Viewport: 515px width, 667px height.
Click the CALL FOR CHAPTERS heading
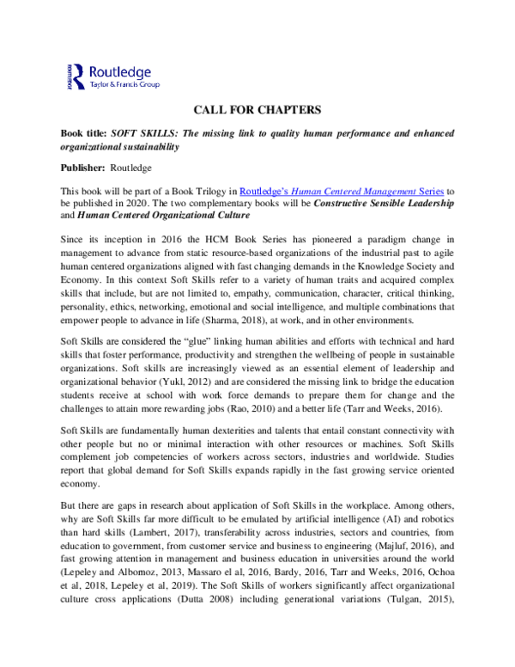(257, 110)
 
